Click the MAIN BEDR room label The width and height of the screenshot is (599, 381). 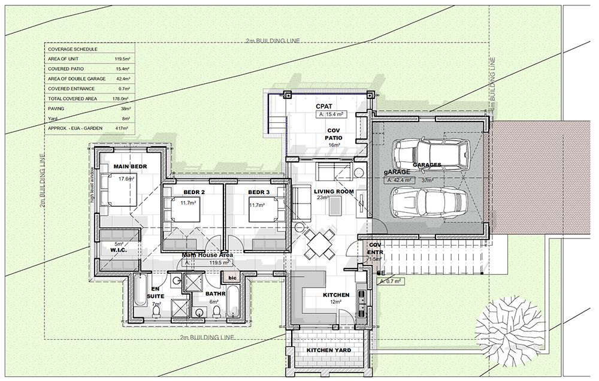(x=130, y=166)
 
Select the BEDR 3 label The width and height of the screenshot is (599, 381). (x=260, y=192)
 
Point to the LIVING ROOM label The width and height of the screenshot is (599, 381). (x=334, y=192)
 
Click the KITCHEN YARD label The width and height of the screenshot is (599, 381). (x=329, y=350)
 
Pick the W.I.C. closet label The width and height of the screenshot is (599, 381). (x=117, y=251)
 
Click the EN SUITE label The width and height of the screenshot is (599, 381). (x=156, y=292)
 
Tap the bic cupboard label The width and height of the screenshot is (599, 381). (x=232, y=278)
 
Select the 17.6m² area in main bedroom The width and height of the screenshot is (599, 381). (x=125, y=179)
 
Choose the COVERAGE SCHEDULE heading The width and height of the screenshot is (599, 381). (x=72, y=49)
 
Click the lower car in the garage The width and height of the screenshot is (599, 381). (x=428, y=204)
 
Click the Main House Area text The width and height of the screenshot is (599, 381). (x=207, y=255)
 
